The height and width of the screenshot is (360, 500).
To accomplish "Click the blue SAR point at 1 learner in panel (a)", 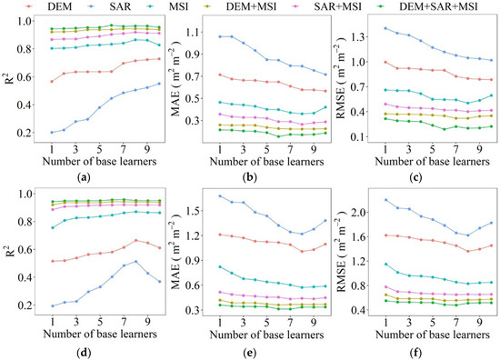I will pos(52,133).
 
